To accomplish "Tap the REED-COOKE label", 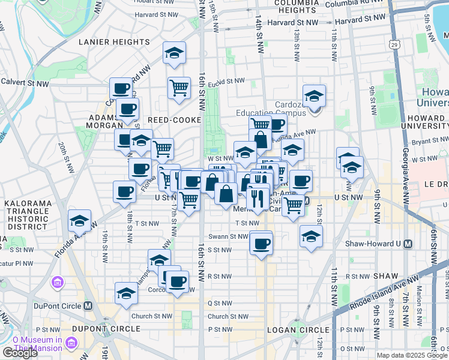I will [168, 120].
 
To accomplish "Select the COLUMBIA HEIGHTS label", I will [286, 7].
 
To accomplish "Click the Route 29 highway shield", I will [394, 44].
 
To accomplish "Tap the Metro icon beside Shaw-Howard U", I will [408, 244].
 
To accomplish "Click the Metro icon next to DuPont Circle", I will [88, 305].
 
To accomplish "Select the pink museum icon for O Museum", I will [71, 343].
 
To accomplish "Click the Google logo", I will [20, 353].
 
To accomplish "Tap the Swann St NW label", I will [228, 236].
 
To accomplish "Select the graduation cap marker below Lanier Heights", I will [174, 53].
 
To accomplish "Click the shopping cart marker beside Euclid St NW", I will [179, 88].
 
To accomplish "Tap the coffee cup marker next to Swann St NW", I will [261, 244].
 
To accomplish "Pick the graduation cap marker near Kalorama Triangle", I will [79, 221].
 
